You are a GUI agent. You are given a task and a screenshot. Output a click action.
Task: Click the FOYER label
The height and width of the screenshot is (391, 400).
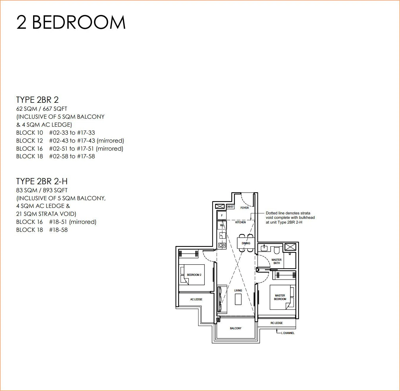244,208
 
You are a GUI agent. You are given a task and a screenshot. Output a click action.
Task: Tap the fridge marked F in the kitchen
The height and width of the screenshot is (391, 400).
222,216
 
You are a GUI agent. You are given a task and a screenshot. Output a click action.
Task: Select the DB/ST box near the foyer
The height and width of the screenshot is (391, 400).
230,206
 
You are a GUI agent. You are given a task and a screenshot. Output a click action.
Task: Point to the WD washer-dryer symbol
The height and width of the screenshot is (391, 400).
222,225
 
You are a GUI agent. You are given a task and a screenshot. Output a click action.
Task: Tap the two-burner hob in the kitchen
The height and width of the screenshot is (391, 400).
222,245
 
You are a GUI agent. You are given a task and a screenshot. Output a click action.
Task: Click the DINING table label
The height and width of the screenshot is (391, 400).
246,243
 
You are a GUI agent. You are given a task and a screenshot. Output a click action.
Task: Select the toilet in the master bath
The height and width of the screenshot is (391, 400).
277,250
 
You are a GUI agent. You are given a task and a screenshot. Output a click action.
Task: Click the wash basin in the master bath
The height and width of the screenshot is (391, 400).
264,248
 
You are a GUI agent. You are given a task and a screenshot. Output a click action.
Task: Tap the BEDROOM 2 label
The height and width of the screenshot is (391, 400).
194,275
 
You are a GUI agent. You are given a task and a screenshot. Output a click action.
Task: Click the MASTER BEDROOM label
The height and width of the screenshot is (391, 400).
280,297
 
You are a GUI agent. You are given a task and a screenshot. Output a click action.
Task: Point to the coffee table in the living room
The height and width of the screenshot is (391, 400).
238,299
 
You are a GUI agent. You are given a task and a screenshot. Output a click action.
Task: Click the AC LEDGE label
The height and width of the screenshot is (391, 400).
196,299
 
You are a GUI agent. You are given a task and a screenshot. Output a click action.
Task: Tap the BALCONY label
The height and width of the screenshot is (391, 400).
235,328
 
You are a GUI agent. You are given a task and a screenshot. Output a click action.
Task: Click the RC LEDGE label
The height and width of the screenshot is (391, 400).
277,323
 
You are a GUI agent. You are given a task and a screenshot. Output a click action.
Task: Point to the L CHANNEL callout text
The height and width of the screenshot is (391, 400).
288,333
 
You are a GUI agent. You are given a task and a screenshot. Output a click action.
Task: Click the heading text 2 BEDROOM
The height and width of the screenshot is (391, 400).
71,22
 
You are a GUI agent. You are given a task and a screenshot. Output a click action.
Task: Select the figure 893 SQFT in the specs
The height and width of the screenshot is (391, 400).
55,190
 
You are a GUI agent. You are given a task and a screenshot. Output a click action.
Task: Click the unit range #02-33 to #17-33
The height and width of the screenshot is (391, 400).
72,133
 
